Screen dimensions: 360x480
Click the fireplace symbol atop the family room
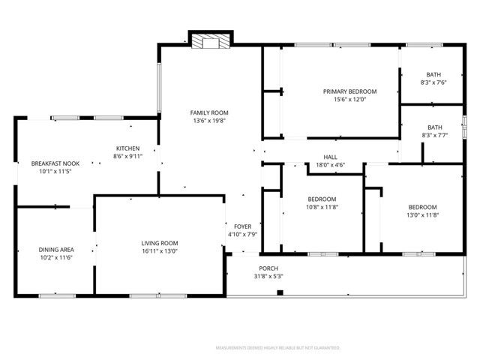[205, 41]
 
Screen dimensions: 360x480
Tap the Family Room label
[208, 112]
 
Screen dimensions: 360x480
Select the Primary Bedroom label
[349, 91]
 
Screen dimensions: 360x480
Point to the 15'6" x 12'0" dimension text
[349, 100]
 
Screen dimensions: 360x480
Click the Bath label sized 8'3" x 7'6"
[433, 74]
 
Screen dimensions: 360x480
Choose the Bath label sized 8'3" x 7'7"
[435, 127]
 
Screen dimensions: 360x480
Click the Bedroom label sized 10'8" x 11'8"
[322, 199]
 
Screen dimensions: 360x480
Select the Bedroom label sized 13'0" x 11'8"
[422, 207]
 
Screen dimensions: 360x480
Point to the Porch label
[268, 268]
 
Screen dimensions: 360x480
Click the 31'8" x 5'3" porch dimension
[268, 276]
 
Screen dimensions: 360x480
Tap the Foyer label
[242, 226]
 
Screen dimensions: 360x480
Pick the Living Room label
[160, 243]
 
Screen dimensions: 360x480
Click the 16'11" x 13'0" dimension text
[160, 251]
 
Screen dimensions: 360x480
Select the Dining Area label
[55, 250]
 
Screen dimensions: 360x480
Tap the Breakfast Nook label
[55, 163]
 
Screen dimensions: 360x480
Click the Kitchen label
[127, 148]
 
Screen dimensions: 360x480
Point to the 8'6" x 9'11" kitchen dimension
[127, 156]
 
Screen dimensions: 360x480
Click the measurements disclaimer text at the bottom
[277, 348]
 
